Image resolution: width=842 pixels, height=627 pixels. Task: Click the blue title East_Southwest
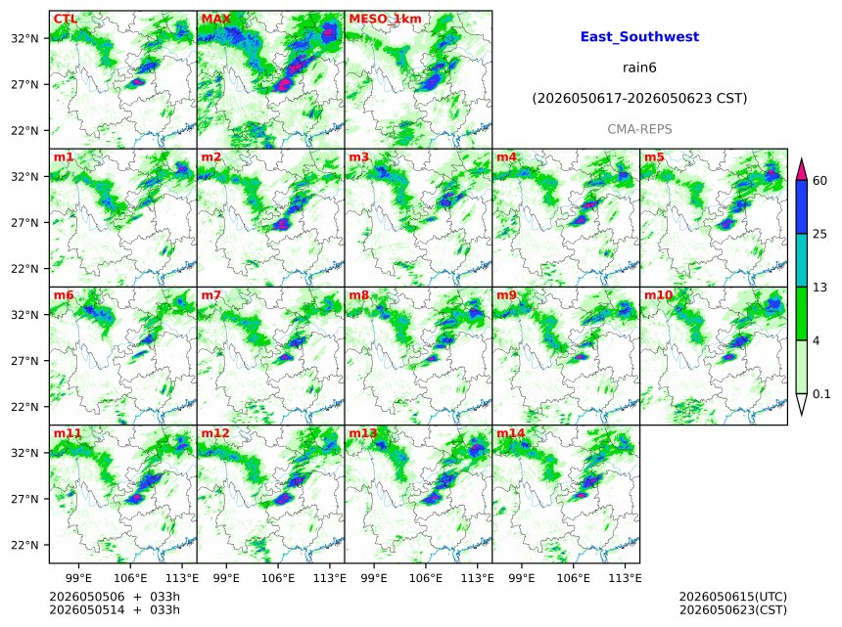(x=639, y=37)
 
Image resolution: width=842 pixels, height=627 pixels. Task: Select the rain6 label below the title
(x=639, y=67)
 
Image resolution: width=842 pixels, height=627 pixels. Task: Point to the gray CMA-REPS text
(x=639, y=129)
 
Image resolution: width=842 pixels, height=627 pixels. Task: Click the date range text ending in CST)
(x=639, y=98)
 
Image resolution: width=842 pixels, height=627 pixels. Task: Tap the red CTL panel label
(x=65, y=19)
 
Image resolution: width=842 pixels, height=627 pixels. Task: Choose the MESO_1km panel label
(x=385, y=20)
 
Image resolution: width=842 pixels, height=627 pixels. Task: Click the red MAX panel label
(x=215, y=19)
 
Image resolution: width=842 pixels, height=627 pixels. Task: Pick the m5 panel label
(x=654, y=157)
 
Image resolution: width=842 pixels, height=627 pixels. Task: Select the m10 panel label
(x=658, y=295)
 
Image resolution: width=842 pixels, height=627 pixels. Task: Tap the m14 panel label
(x=510, y=433)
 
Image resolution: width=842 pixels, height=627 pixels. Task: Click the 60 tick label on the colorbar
(x=819, y=181)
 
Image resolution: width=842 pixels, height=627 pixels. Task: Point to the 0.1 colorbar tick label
(x=821, y=394)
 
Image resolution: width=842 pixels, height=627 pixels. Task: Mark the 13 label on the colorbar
(x=819, y=288)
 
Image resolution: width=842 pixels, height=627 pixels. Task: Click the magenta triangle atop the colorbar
(x=801, y=170)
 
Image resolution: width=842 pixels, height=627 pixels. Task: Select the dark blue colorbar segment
(x=801, y=207)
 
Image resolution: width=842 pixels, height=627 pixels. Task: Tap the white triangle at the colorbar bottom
(x=801, y=403)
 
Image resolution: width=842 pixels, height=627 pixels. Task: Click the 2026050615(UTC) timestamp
(x=733, y=597)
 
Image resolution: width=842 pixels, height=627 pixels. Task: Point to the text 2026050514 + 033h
(x=115, y=610)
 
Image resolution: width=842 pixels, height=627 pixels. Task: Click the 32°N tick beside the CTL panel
(x=25, y=38)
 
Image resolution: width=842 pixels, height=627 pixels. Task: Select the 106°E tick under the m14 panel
(x=574, y=578)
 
